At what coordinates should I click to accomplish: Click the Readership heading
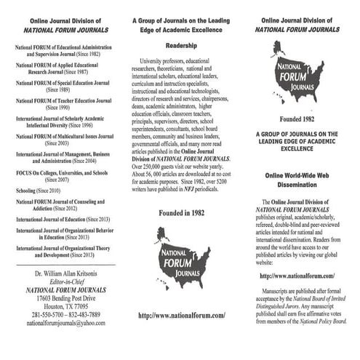tap(179, 43)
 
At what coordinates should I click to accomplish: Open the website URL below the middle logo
tap(180, 314)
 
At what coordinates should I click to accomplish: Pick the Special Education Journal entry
tap(63, 87)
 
